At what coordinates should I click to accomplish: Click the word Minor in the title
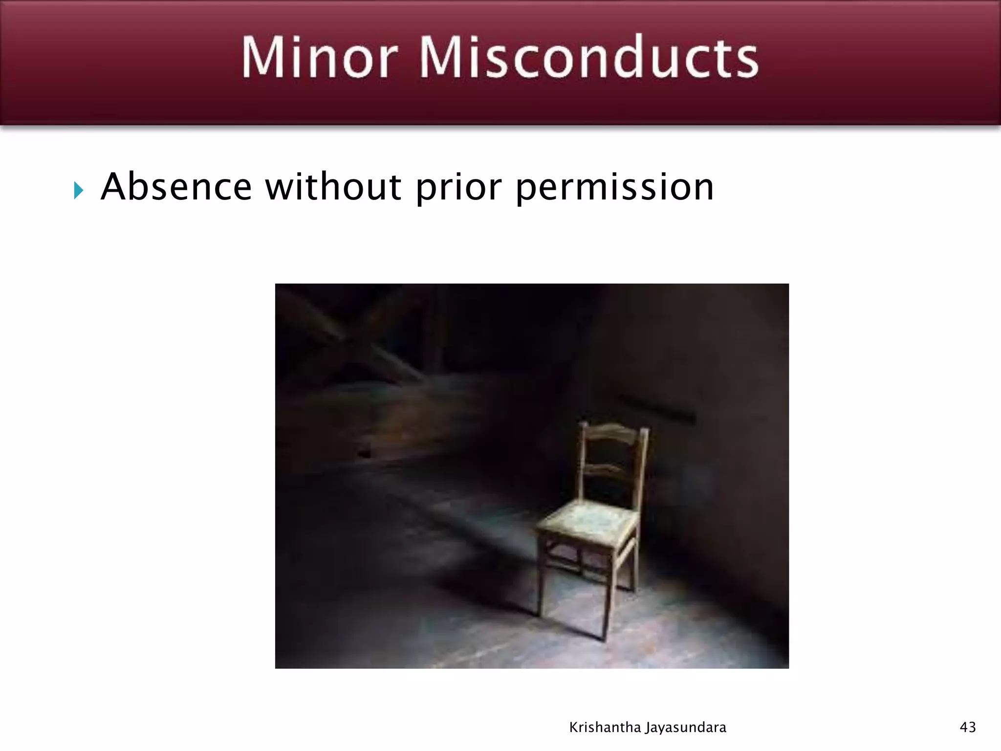tap(319, 57)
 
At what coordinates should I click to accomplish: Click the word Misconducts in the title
tap(589, 57)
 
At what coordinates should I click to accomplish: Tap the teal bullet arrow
tap(79, 190)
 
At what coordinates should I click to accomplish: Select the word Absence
tap(176, 187)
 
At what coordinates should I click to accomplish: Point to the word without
tap(333, 187)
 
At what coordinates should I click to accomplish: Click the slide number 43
tap(968, 727)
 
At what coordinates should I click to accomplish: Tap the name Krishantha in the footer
tap(604, 728)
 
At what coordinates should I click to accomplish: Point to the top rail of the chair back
tap(614, 432)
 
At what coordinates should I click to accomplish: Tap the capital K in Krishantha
tap(574, 727)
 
